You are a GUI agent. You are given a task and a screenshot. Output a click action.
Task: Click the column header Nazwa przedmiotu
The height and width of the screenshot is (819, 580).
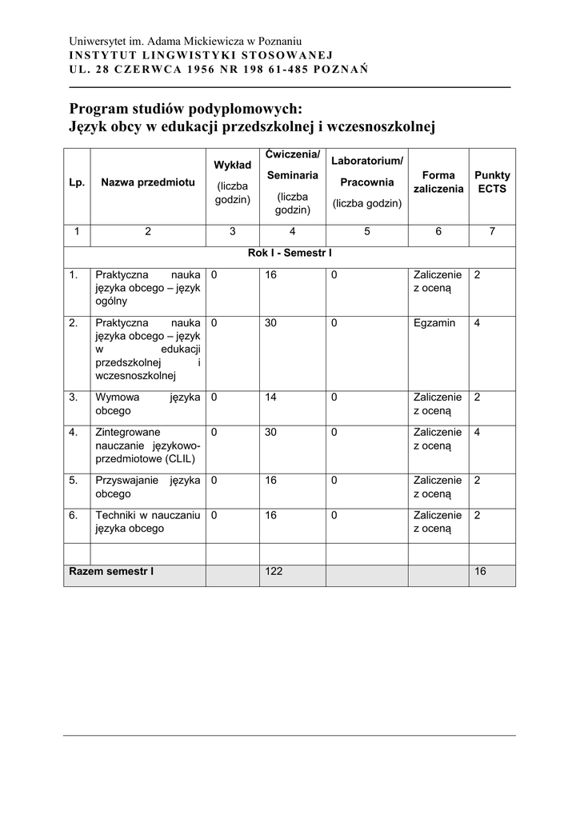148,182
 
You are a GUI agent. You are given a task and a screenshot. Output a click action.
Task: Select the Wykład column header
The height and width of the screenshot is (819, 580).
232,165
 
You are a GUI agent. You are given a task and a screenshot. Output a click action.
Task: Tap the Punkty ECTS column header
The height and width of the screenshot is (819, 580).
492,182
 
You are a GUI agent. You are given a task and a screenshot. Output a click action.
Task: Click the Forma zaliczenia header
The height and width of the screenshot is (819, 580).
438,182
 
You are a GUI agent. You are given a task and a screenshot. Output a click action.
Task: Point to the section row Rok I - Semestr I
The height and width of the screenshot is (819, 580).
290,254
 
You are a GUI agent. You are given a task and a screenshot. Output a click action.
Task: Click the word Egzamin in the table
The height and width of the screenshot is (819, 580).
434,323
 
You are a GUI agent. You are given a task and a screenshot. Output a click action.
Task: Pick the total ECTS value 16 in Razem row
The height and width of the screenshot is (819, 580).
480,572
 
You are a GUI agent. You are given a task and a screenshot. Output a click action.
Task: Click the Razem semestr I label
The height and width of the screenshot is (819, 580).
111,572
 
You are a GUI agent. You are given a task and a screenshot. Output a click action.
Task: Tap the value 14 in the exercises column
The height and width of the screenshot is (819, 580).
271,397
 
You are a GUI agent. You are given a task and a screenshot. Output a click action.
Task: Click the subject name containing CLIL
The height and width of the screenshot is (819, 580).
147,445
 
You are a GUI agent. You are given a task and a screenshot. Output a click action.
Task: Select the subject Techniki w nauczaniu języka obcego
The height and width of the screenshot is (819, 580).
147,521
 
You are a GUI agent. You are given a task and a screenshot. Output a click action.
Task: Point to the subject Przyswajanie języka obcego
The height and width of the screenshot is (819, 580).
147,487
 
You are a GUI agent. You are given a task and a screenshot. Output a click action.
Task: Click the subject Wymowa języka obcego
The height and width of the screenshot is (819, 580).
147,404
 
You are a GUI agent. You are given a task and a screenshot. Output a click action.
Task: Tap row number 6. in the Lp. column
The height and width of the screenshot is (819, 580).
74,515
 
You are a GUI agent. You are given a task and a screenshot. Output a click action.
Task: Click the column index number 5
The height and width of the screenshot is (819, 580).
366,232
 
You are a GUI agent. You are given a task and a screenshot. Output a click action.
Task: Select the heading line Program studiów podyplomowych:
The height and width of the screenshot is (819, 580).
186,109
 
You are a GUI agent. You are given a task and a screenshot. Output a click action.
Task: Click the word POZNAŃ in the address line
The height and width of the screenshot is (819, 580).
342,69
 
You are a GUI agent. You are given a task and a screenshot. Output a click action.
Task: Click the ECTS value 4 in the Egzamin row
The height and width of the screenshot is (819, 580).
477,323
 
